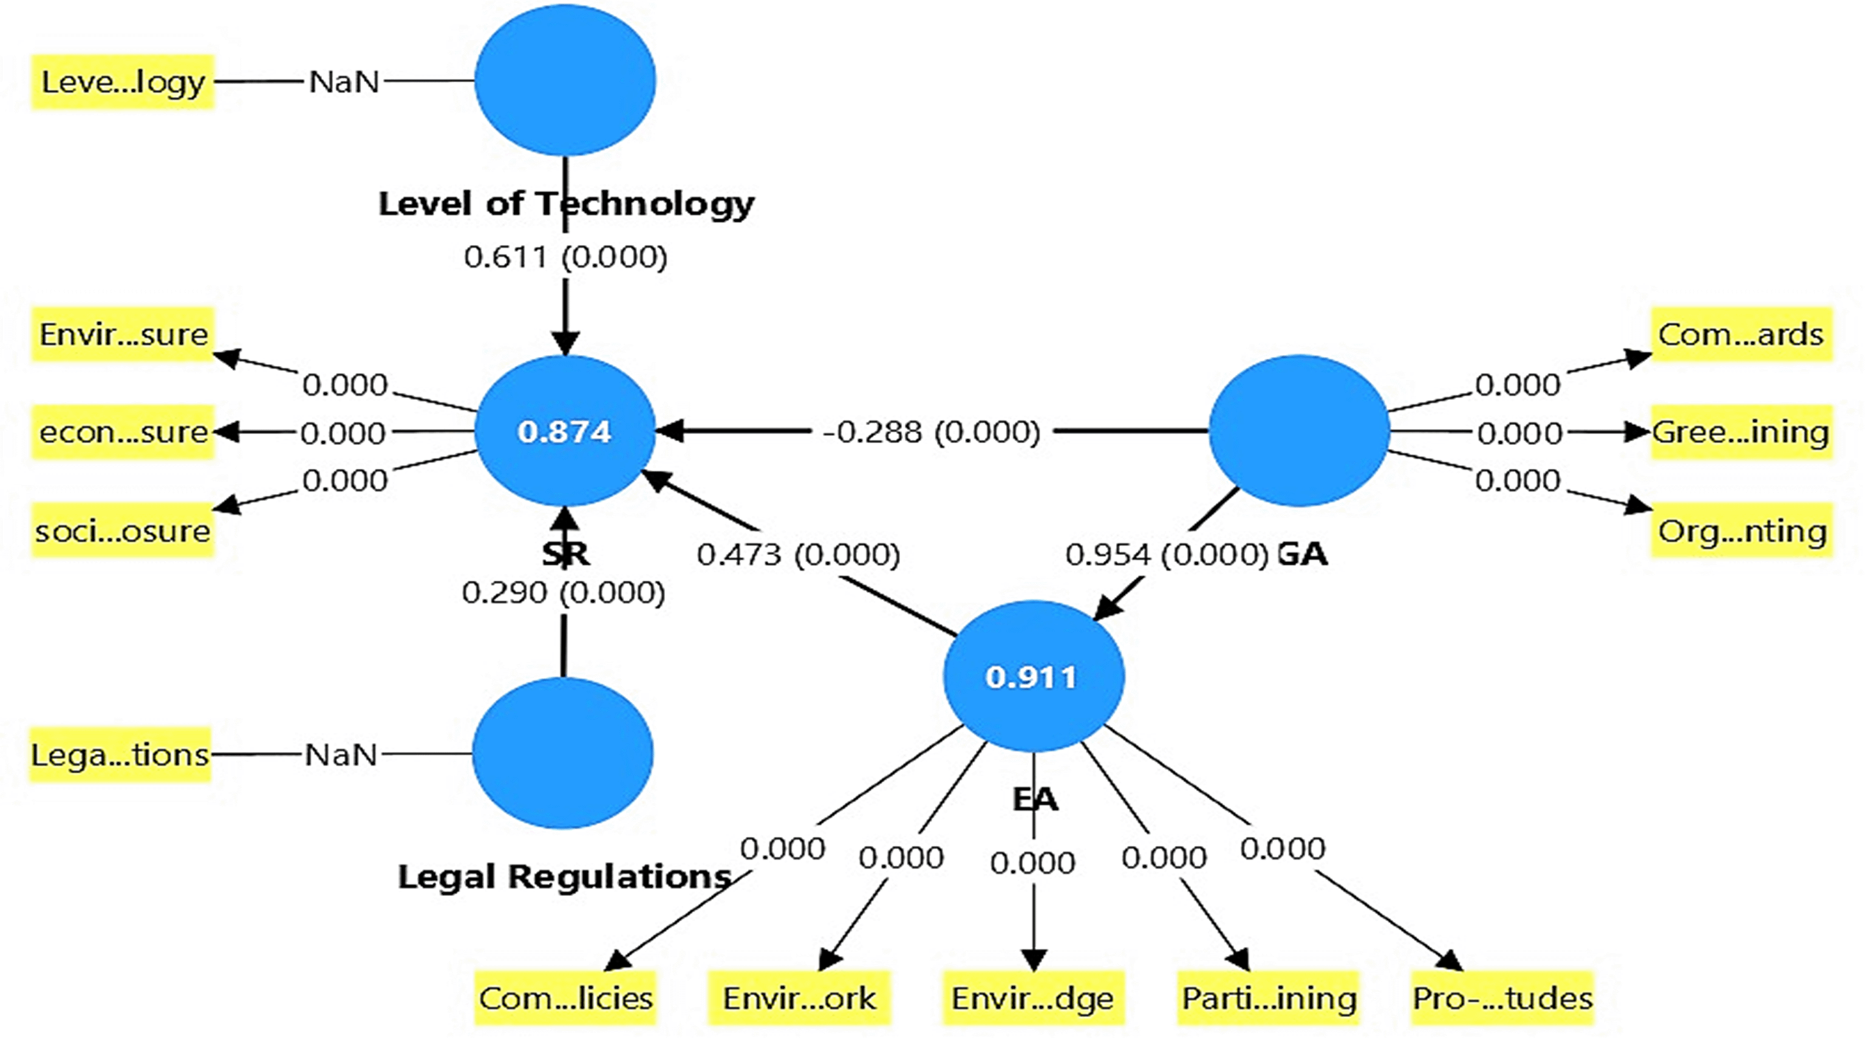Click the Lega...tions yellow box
pyautogui.click(x=120, y=755)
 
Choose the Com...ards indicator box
pyautogui.click(x=1741, y=334)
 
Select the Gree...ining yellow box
pyautogui.click(x=1741, y=432)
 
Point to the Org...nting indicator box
pyautogui.click(x=1741, y=531)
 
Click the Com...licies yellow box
pyautogui.click(x=565, y=998)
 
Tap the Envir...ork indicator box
pyautogui.click(x=799, y=998)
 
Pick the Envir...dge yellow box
pyautogui.click(x=1033, y=998)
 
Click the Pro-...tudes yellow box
pyautogui.click(x=1502, y=998)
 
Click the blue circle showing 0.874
pyautogui.click(x=565, y=432)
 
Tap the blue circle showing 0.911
pyautogui.click(x=1033, y=676)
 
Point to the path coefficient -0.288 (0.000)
pyautogui.click(x=931, y=432)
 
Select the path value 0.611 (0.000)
pyautogui.click(x=565, y=257)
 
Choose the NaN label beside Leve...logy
pyautogui.click(x=344, y=82)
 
